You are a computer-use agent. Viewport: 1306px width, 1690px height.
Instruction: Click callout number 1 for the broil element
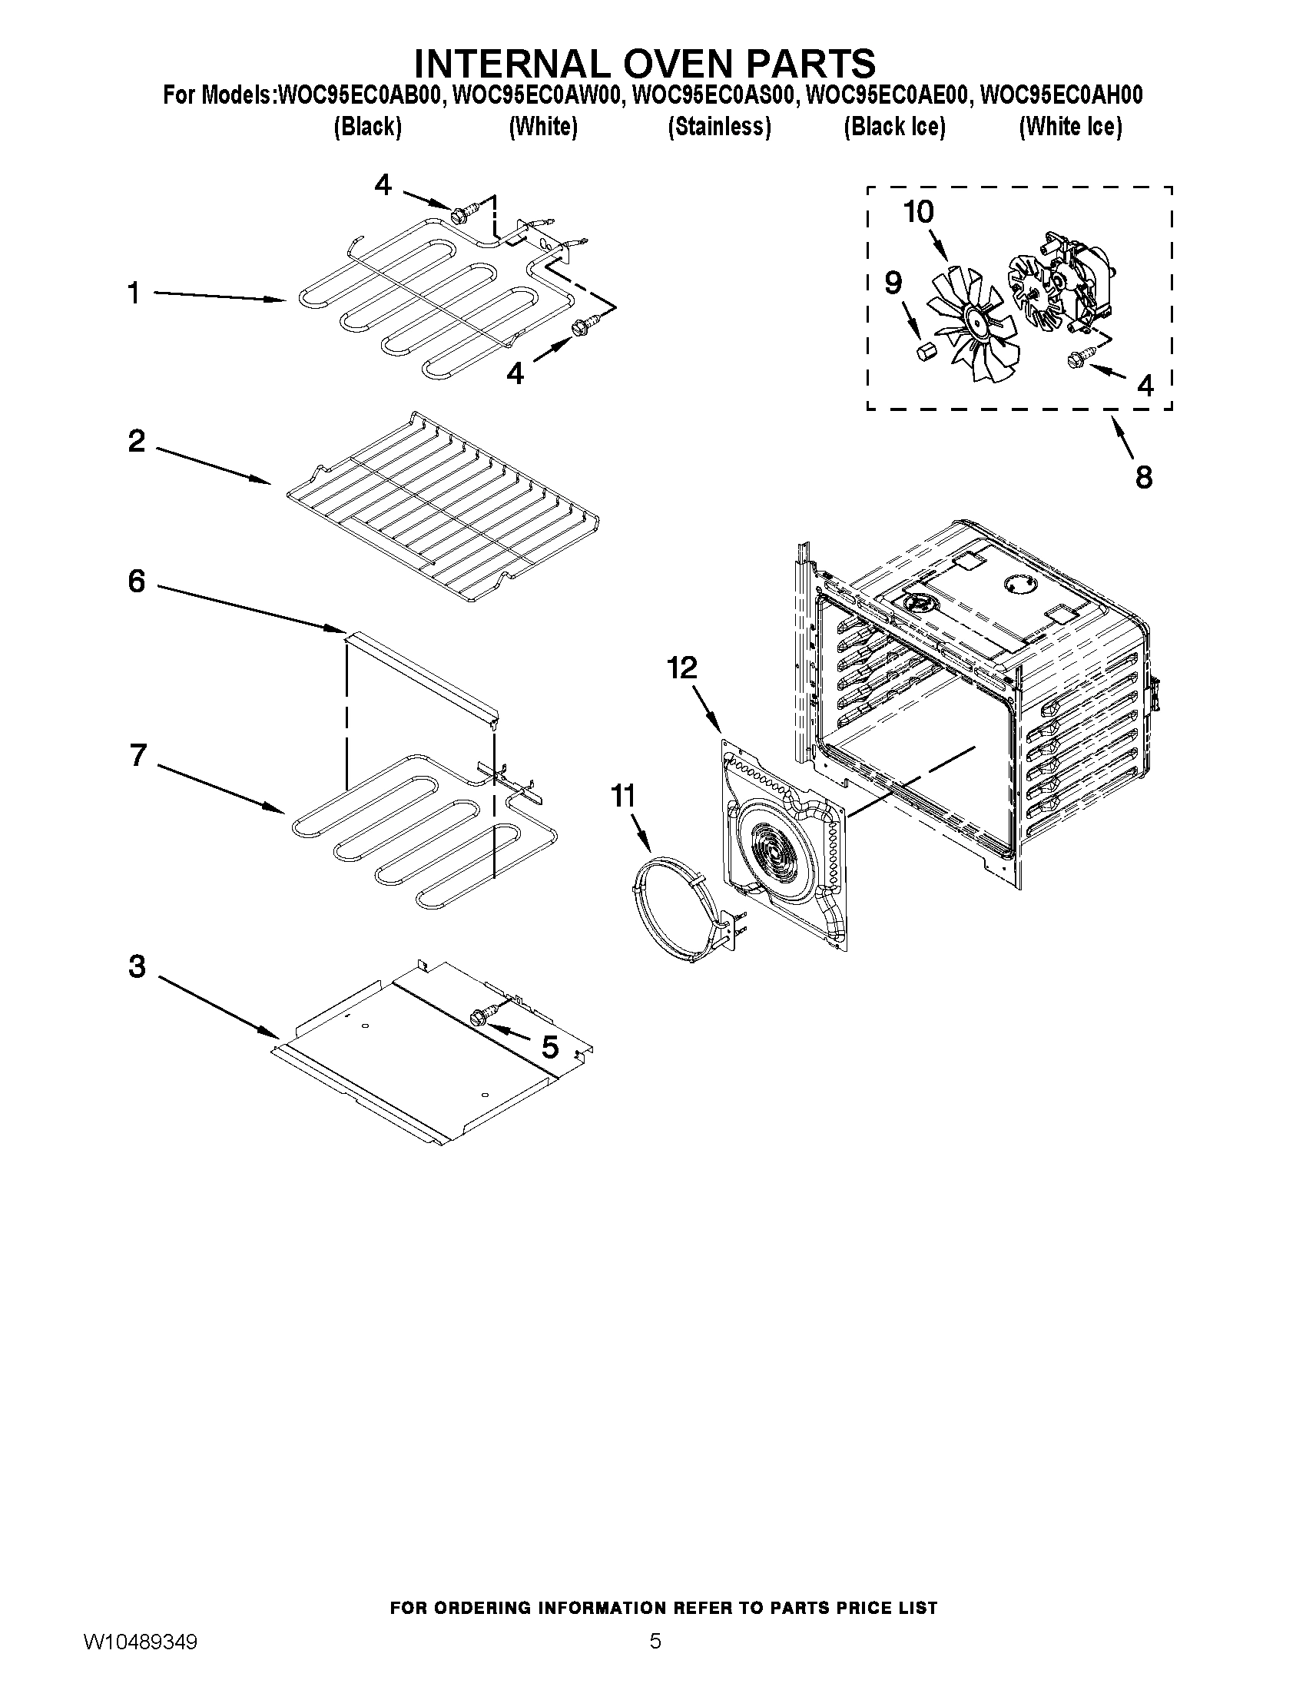134,293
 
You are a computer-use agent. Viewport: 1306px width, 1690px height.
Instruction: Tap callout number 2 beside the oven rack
136,442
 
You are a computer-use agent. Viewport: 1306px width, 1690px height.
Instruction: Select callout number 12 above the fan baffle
681,668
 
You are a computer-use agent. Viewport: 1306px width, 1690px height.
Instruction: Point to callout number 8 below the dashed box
1144,477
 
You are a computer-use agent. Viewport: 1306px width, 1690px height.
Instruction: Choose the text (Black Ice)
893,126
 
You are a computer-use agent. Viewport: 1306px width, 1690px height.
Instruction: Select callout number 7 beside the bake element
138,754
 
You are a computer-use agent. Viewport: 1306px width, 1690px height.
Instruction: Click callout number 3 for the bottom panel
136,966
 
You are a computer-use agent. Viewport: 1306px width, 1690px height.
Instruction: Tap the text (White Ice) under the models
1070,126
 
